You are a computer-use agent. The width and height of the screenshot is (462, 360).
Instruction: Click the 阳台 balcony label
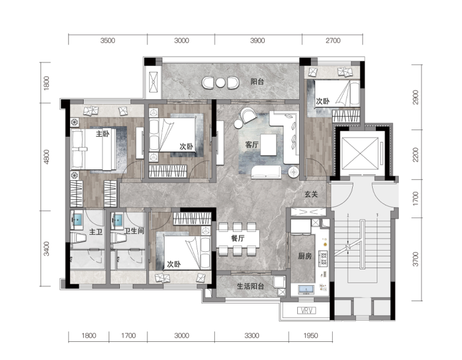(x=257, y=81)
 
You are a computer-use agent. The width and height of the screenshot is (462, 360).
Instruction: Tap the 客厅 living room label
(x=252, y=144)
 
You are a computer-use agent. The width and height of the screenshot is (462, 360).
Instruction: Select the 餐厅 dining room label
(x=237, y=238)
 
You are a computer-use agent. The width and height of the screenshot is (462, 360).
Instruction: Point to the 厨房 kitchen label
(x=305, y=256)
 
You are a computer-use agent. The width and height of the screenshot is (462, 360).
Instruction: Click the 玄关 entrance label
(x=311, y=194)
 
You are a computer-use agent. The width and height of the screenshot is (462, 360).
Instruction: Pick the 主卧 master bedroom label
(x=102, y=134)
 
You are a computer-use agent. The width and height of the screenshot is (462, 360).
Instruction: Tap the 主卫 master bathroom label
(x=96, y=232)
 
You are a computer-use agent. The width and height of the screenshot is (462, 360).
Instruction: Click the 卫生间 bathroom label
(x=134, y=231)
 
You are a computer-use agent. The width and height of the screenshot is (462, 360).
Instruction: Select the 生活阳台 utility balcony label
(x=250, y=286)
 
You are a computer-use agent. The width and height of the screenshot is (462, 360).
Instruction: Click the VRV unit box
(x=307, y=311)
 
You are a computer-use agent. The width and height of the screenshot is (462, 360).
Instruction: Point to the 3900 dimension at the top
(x=257, y=41)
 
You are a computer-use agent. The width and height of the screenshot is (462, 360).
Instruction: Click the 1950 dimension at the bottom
(x=310, y=336)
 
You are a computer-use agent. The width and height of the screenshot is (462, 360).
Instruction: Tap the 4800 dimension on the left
(x=47, y=157)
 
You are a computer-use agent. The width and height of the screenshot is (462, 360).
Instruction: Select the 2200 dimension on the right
(x=415, y=154)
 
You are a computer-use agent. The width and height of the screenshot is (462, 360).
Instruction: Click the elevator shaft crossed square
(x=360, y=154)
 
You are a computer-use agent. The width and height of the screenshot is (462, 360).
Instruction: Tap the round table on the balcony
(x=220, y=83)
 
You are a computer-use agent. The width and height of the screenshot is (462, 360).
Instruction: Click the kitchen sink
(x=307, y=289)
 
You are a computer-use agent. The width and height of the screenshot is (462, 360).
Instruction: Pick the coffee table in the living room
(x=268, y=144)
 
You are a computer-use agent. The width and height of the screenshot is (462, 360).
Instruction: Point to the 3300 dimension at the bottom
(x=252, y=336)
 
